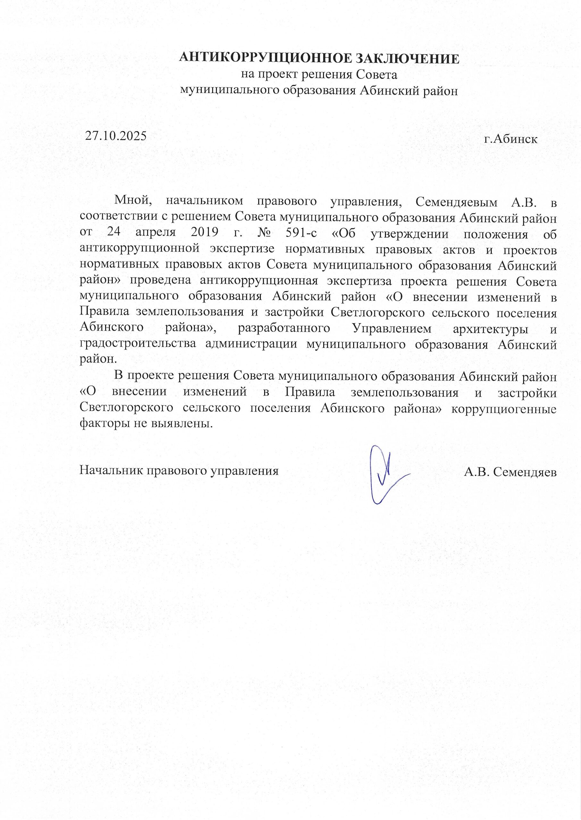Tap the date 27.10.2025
pyautogui.click(x=116, y=136)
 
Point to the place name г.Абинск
pyautogui.click(x=510, y=139)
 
